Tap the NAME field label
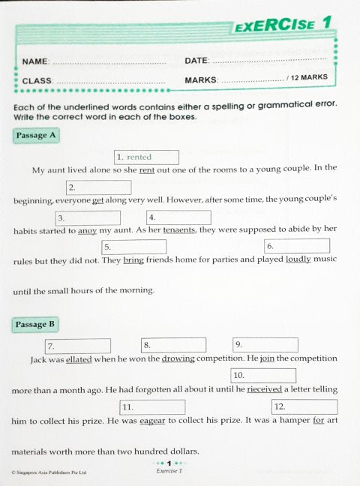[x=35, y=61]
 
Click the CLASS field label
[x=37, y=80]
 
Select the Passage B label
[x=35, y=325]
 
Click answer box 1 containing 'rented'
[x=146, y=157]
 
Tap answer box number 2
[x=98, y=187]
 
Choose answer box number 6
[x=296, y=246]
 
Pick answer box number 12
[x=304, y=407]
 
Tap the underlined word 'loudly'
[x=298, y=259]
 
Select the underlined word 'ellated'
[x=79, y=359]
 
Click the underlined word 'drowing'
[x=178, y=359]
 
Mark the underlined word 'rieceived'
[x=265, y=390]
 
